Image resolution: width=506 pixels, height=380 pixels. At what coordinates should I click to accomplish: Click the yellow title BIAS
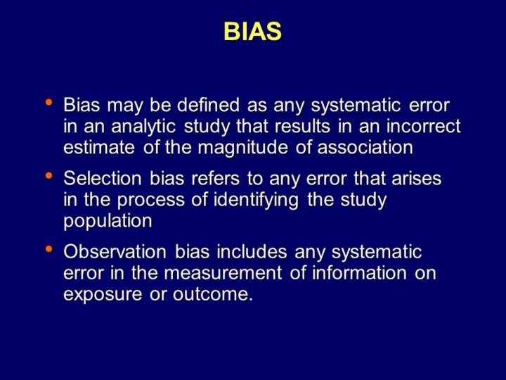pyautogui.click(x=253, y=32)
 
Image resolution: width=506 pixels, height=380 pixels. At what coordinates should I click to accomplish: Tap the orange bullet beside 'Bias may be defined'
pyautogui.click(x=48, y=103)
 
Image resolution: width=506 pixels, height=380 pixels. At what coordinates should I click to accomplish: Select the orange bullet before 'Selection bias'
pyautogui.click(x=48, y=176)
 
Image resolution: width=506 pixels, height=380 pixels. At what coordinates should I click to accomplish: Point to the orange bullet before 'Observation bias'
pyautogui.click(x=48, y=249)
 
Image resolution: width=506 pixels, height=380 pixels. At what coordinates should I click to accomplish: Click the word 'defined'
pyautogui.click(x=208, y=105)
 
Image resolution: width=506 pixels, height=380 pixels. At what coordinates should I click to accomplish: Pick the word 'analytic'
pyautogui.click(x=143, y=126)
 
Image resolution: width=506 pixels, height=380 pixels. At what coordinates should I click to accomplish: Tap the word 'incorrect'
pyautogui.click(x=423, y=126)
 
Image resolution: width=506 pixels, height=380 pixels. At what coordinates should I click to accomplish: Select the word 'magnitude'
pyautogui.click(x=242, y=148)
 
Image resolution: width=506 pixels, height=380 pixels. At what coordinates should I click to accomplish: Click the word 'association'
pyautogui.click(x=365, y=147)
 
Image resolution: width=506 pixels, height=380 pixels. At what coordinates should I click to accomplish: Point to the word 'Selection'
pyautogui.click(x=103, y=178)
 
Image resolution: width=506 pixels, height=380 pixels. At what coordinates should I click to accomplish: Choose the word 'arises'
pyautogui.click(x=416, y=178)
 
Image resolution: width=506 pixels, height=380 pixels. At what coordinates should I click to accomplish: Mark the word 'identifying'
pyautogui.click(x=256, y=200)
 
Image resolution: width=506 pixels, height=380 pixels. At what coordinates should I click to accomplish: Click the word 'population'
pyautogui.click(x=108, y=222)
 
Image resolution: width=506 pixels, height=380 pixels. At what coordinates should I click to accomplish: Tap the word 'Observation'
pyautogui.click(x=115, y=251)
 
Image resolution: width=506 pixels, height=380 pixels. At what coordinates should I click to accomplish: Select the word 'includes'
pyautogui.click(x=252, y=251)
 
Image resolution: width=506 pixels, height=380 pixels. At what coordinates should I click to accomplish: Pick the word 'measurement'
pyautogui.click(x=223, y=273)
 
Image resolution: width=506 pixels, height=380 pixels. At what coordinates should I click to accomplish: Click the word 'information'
pyautogui.click(x=359, y=273)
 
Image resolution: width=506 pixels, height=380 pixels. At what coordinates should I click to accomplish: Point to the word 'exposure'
pyautogui.click(x=103, y=295)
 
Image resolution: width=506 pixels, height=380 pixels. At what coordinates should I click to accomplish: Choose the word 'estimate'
pyautogui.click(x=99, y=147)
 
